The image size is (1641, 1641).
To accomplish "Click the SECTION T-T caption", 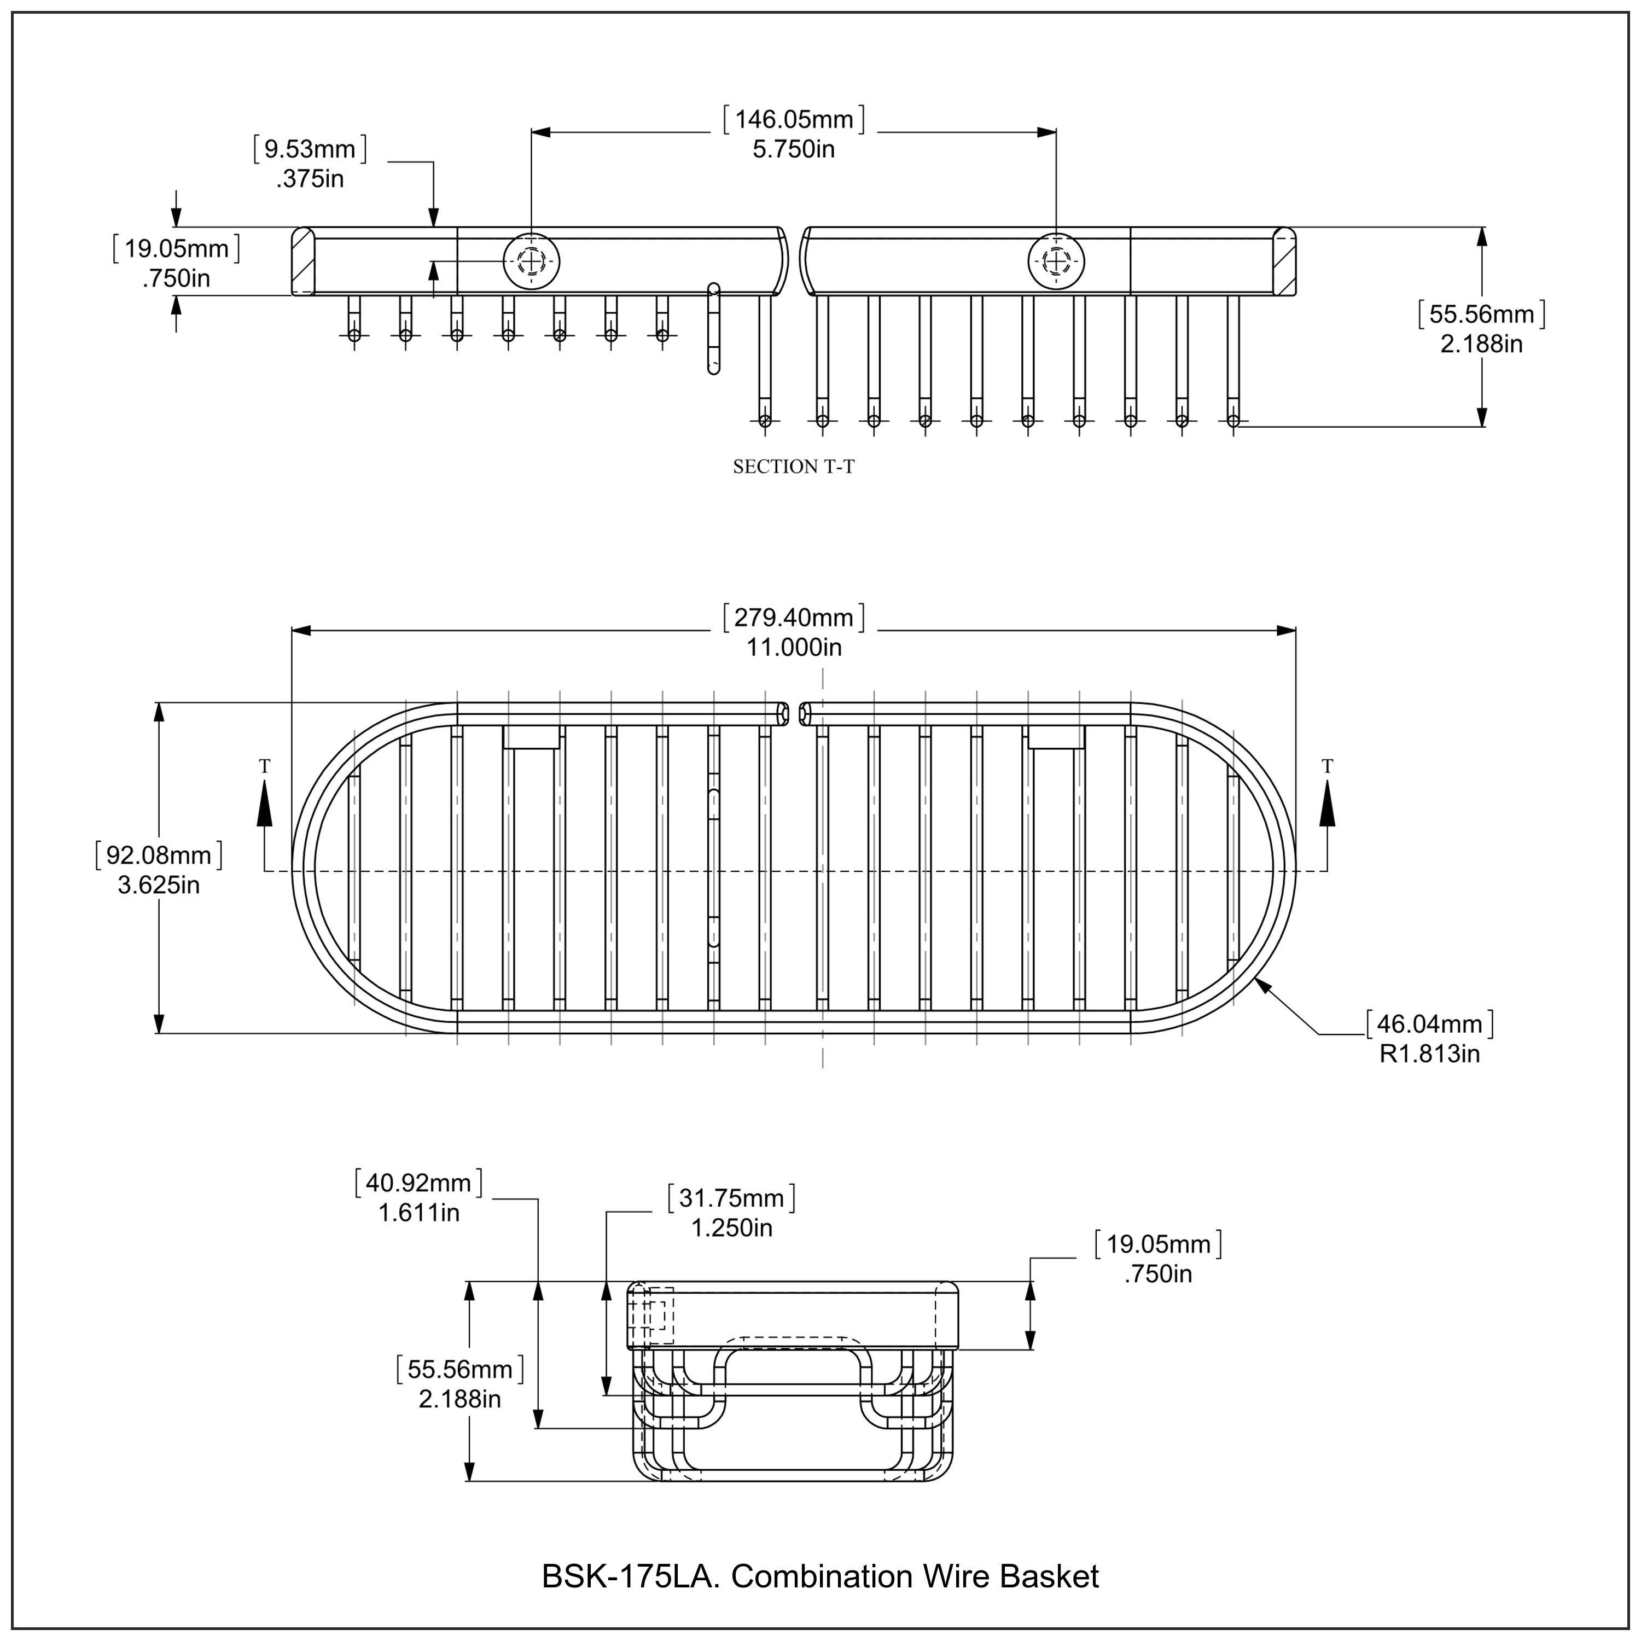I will pos(793,466).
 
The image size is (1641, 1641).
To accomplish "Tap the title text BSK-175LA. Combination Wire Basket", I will pos(819,1576).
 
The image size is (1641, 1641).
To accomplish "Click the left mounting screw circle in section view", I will pos(532,261).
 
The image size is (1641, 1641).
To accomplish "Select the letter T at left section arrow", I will pos(264,766).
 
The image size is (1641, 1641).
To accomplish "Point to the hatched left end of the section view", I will pos(302,261).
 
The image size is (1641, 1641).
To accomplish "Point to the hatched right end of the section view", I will pos(1284,261).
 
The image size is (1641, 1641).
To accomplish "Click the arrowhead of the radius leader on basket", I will pos(1260,982).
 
